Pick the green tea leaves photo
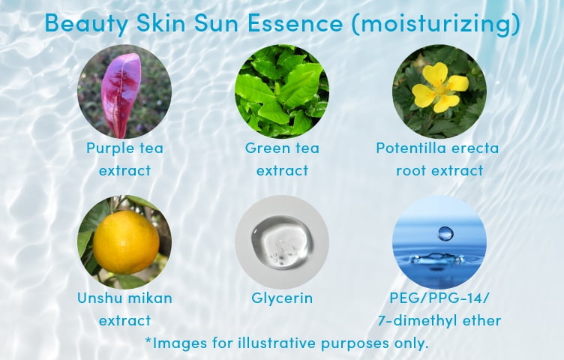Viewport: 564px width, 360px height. pyautogui.click(x=282, y=91)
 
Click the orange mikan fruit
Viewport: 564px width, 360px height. pyautogui.click(x=125, y=241)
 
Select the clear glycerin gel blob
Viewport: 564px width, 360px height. pyautogui.click(x=282, y=243)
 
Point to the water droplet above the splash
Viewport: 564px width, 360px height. pyautogui.click(x=445, y=233)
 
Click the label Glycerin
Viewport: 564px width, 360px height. pyautogui.click(x=282, y=298)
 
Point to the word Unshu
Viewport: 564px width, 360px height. pyautogui.click(x=100, y=298)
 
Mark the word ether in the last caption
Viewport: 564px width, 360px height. pyautogui.click(x=481, y=320)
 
